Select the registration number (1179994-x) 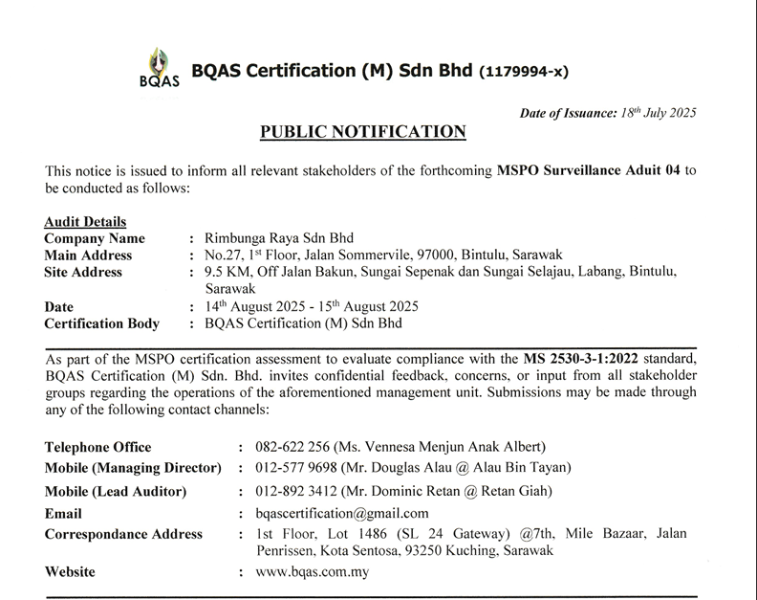525,73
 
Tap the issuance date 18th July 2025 659,113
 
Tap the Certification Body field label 102,324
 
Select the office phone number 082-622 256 296,447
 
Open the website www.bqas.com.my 313,572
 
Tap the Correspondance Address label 124,534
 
